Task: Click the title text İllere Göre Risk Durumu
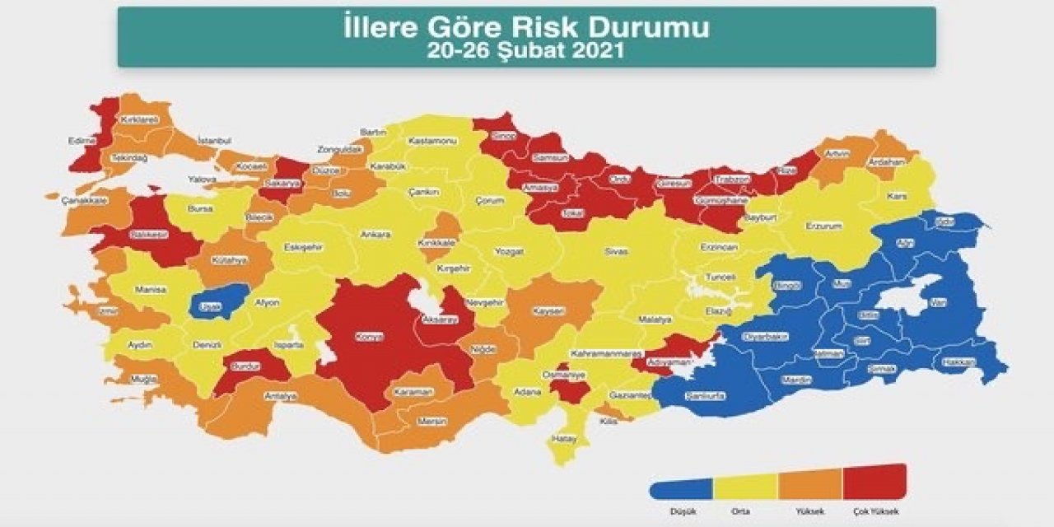point(527,28)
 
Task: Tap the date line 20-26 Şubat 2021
point(527,50)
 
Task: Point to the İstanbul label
point(215,141)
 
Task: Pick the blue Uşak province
point(210,305)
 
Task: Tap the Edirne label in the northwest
point(82,141)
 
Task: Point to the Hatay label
point(564,439)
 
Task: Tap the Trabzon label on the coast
point(732,180)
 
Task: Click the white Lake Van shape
point(906,296)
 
